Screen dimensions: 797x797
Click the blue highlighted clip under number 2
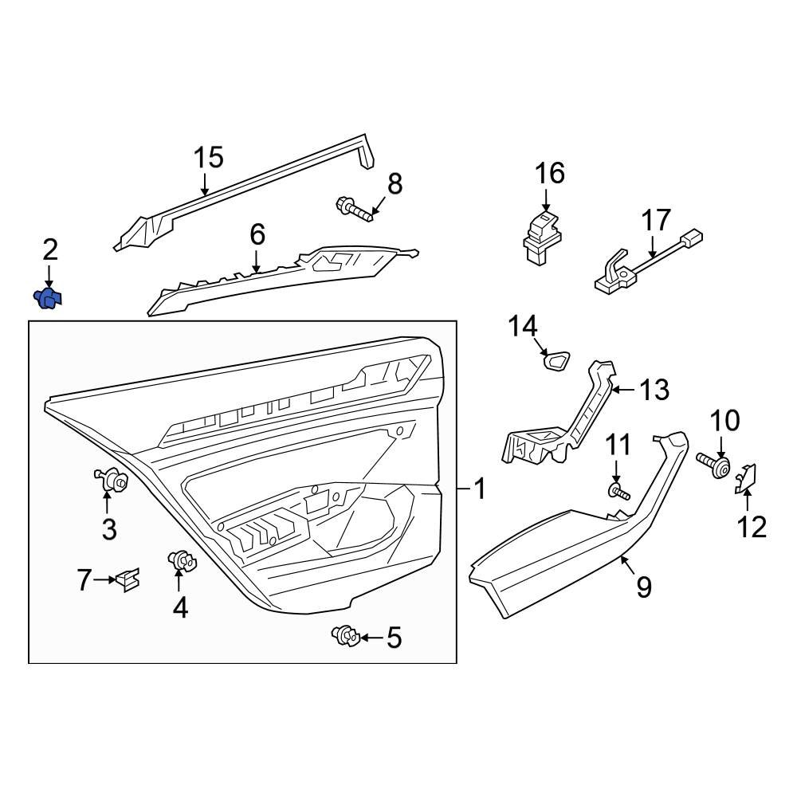click(49, 299)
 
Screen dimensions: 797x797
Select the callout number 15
click(208, 158)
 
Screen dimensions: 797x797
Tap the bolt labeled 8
click(356, 211)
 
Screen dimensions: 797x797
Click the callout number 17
click(658, 220)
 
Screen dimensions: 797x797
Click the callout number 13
click(653, 391)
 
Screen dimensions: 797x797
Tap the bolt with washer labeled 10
click(713, 465)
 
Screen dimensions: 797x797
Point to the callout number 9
click(643, 587)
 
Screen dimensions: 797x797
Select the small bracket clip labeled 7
click(128, 579)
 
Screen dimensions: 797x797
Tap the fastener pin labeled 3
click(112, 481)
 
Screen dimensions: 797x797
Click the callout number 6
click(257, 234)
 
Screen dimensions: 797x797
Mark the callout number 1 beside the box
click(480, 489)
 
